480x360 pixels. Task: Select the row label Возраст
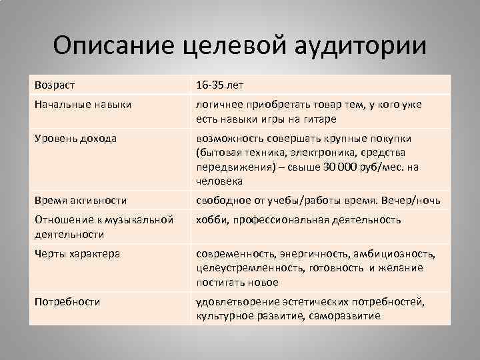pos(55,85)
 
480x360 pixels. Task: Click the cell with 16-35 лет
pos(220,85)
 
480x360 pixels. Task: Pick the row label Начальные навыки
pos(83,105)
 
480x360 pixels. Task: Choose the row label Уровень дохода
pos(75,139)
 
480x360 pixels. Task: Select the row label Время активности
pos(81,200)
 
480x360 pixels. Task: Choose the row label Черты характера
pos(77,253)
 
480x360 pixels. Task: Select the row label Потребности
pos(67,301)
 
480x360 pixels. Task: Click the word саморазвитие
pos(345,316)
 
